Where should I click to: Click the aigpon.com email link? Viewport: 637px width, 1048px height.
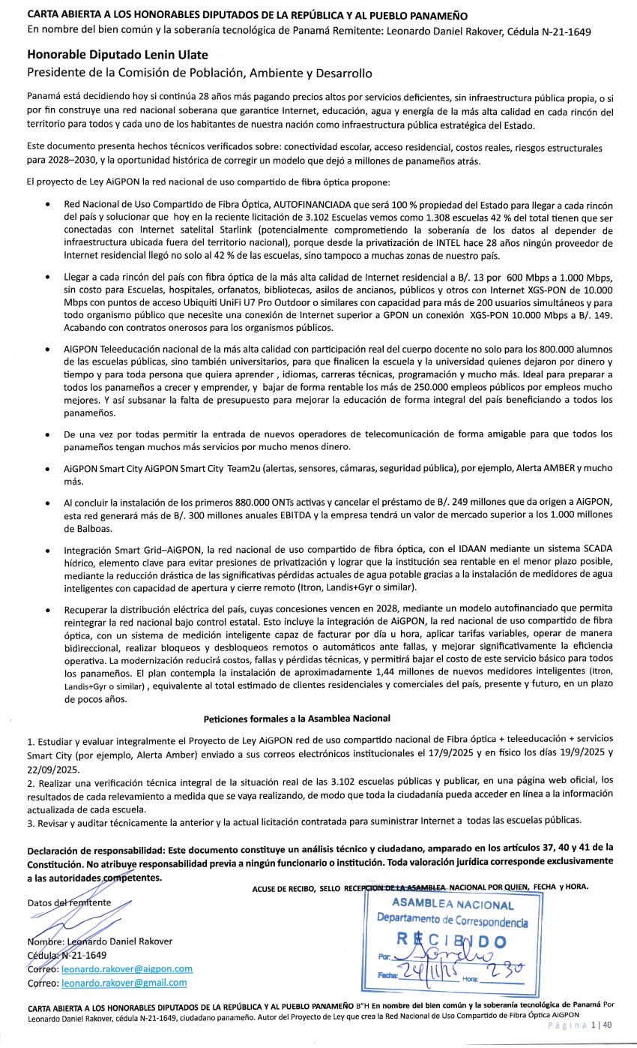click(x=127, y=969)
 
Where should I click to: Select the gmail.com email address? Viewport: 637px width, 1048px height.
click(x=124, y=983)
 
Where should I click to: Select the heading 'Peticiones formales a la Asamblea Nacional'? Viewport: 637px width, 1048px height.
click(x=297, y=718)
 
